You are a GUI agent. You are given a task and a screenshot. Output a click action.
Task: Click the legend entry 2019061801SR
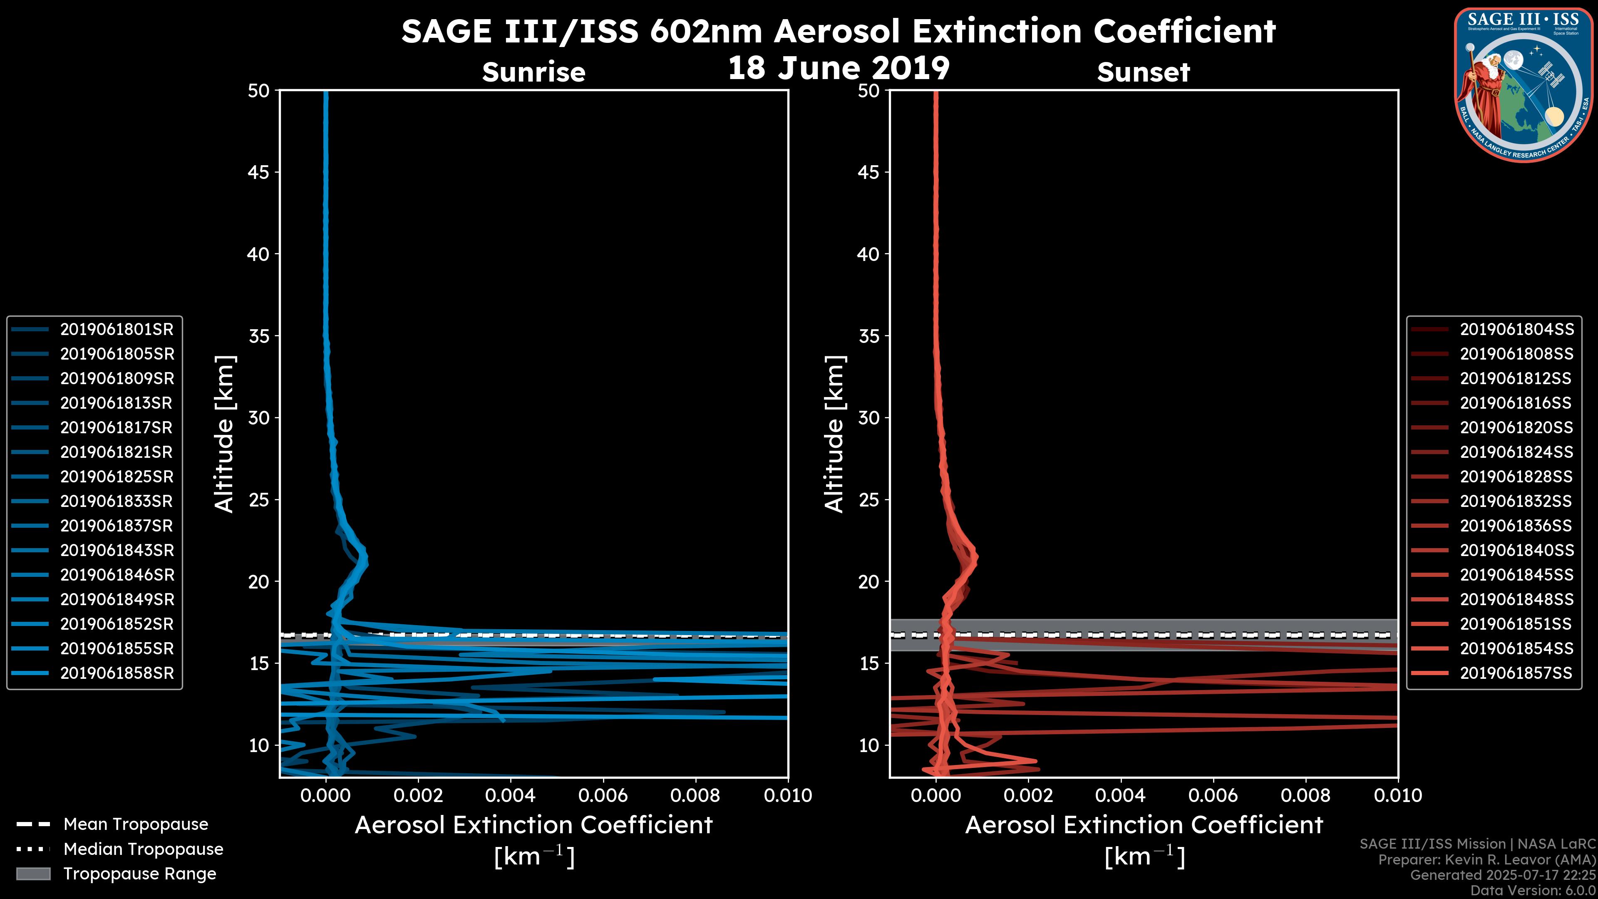click(x=117, y=330)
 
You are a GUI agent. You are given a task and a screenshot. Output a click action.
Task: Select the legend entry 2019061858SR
click(x=117, y=673)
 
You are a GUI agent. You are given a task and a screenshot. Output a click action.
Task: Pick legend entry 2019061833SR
click(x=116, y=501)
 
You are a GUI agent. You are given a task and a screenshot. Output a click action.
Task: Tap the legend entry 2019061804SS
click(x=1516, y=330)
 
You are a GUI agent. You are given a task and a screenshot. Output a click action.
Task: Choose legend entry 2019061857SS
click(x=1516, y=673)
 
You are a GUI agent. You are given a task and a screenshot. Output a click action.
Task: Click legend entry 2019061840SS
click(x=1516, y=550)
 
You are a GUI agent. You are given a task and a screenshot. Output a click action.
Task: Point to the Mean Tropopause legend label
click(x=136, y=824)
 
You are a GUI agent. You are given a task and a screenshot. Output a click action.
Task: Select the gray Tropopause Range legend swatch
click(x=33, y=874)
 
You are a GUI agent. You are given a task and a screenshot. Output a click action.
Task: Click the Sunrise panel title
click(x=533, y=72)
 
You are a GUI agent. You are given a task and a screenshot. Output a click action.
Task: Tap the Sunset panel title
click(x=1143, y=72)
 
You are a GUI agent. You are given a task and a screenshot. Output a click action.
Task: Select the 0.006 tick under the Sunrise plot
click(x=602, y=795)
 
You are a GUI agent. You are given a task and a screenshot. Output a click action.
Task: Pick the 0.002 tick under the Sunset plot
click(x=1029, y=795)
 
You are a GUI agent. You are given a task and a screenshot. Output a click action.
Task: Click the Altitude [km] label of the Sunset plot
click(x=834, y=434)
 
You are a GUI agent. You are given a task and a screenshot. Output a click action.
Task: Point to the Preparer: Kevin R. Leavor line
click(x=1487, y=860)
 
